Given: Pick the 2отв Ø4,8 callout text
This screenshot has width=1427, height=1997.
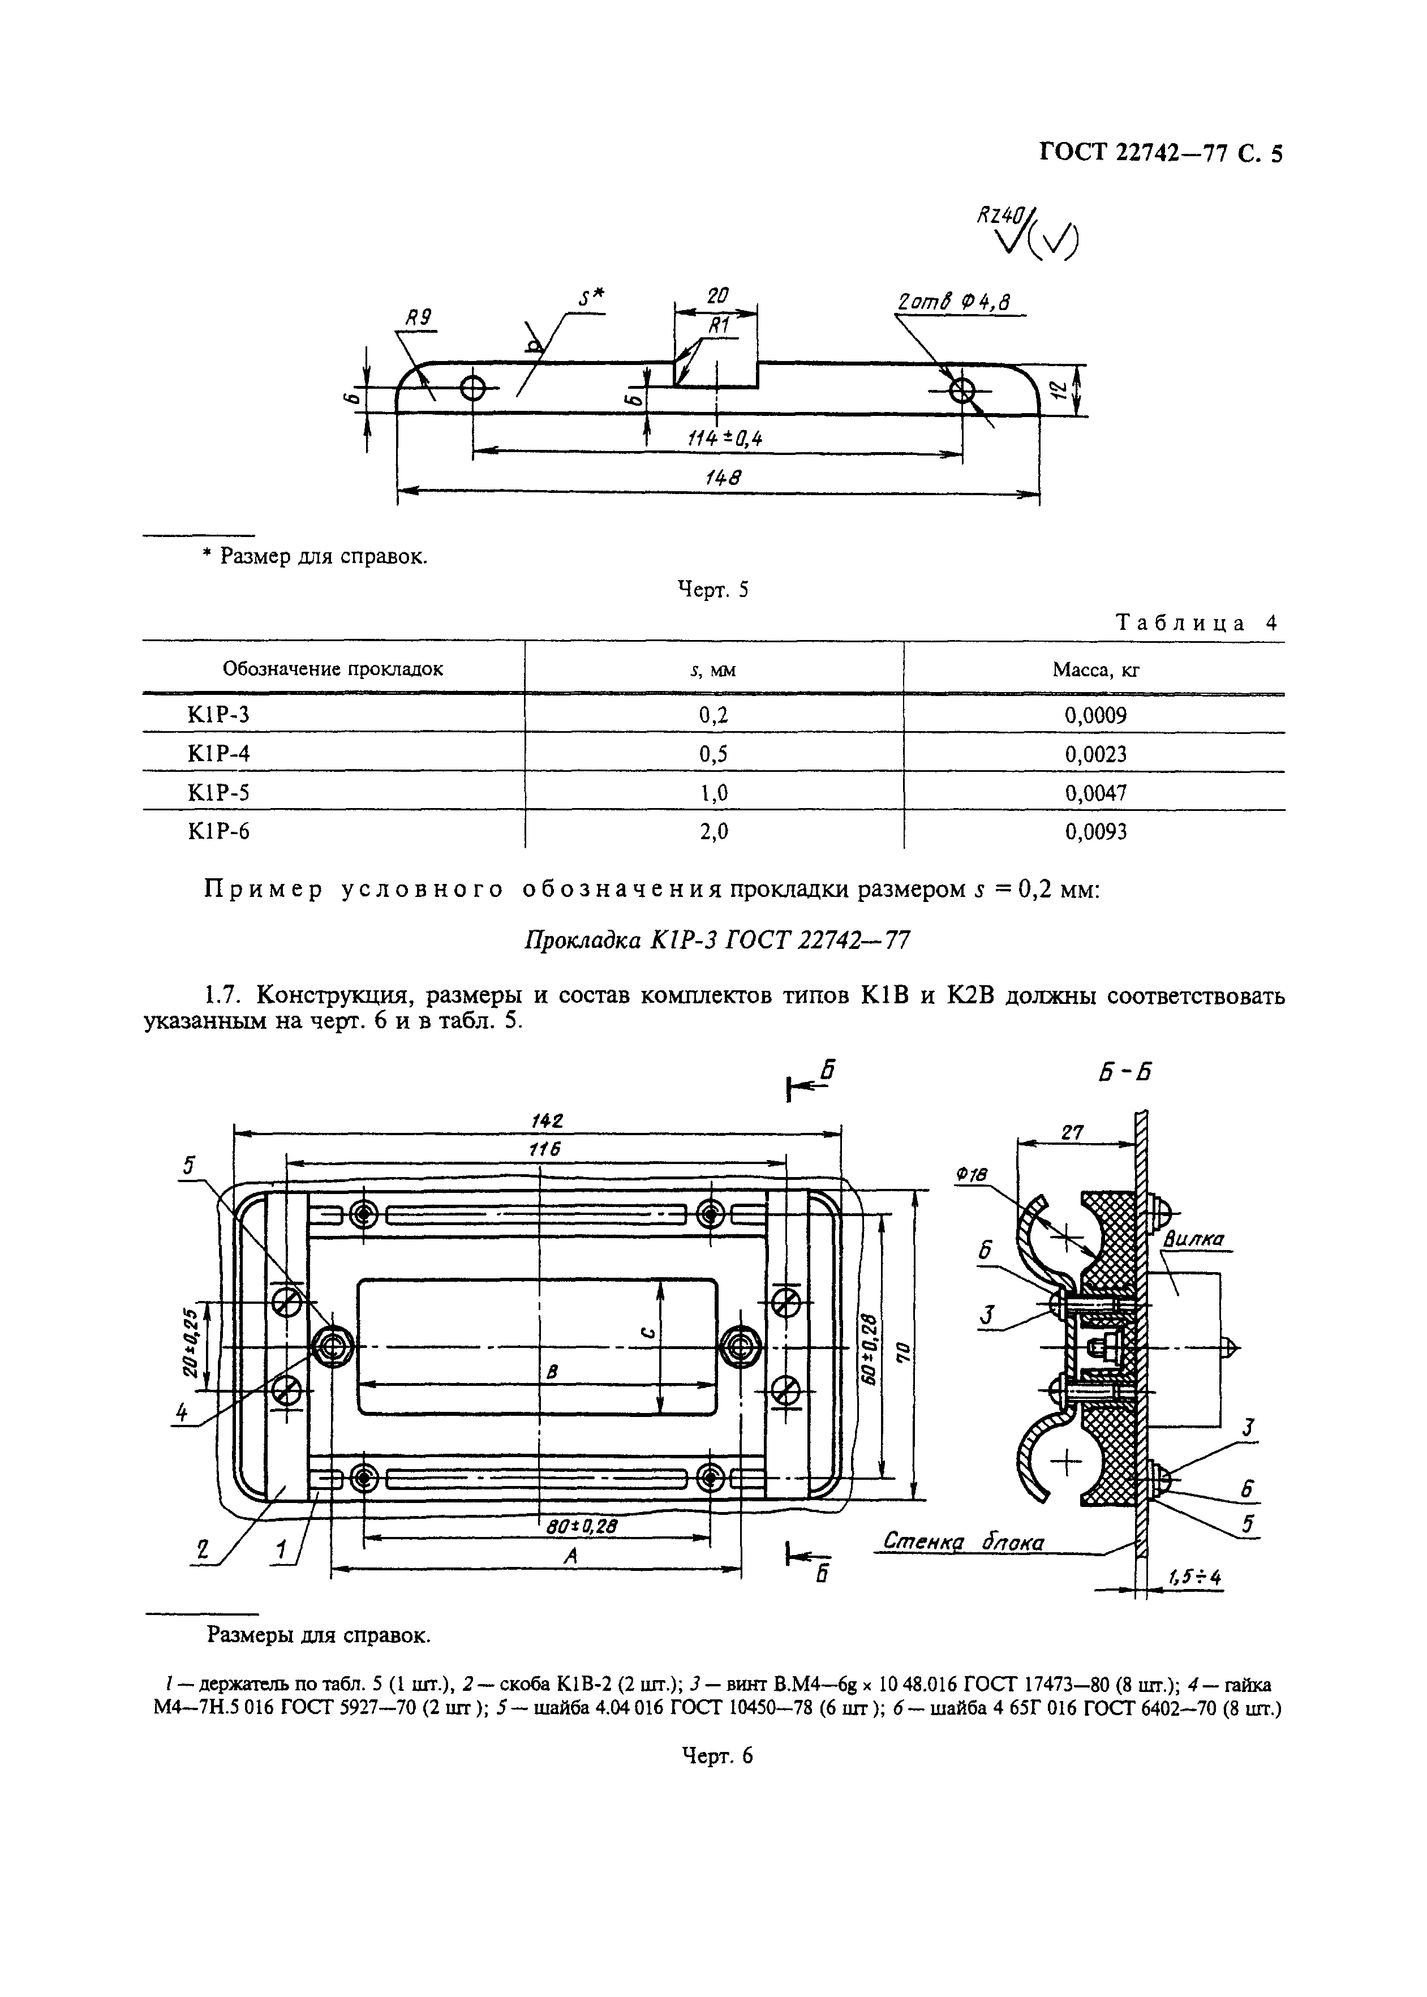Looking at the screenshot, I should (x=952, y=304).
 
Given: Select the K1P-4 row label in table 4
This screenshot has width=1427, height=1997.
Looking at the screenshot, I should (x=219, y=754).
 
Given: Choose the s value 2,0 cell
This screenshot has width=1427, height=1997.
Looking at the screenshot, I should (x=713, y=831).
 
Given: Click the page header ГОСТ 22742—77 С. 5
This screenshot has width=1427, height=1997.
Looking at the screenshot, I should (x=1160, y=154).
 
